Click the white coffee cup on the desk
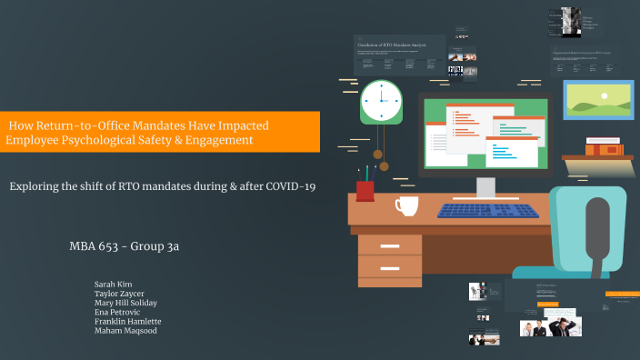[x=405, y=206]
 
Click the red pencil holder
[x=365, y=190]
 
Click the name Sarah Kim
[x=113, y=285]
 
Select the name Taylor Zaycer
[x=119, y=294]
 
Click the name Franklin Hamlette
[x=128, y=321]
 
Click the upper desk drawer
[x=389, y=245]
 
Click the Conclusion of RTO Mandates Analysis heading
[x=393, y=44]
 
